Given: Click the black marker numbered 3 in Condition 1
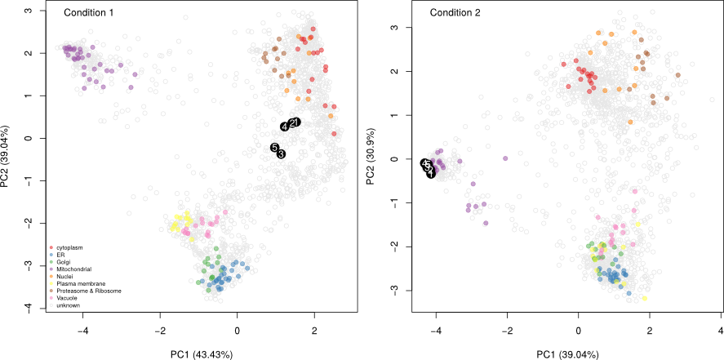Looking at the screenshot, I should (281, 153).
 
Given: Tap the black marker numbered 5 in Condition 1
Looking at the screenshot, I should (275, 147).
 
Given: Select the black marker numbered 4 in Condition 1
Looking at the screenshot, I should (285, 127).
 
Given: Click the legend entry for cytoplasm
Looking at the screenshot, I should (72, 247).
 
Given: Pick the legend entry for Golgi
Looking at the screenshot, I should (66, 261).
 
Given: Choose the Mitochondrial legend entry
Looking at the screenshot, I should (76, 269).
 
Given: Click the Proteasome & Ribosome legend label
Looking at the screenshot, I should (89, 291).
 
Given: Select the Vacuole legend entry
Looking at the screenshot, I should (69, 298).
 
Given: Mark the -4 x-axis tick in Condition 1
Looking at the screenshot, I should (83, 331).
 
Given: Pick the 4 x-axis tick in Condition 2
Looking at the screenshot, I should (721, 331).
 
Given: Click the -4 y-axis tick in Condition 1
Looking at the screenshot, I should (26, 307).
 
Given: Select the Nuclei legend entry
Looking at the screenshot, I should (67, 276).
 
